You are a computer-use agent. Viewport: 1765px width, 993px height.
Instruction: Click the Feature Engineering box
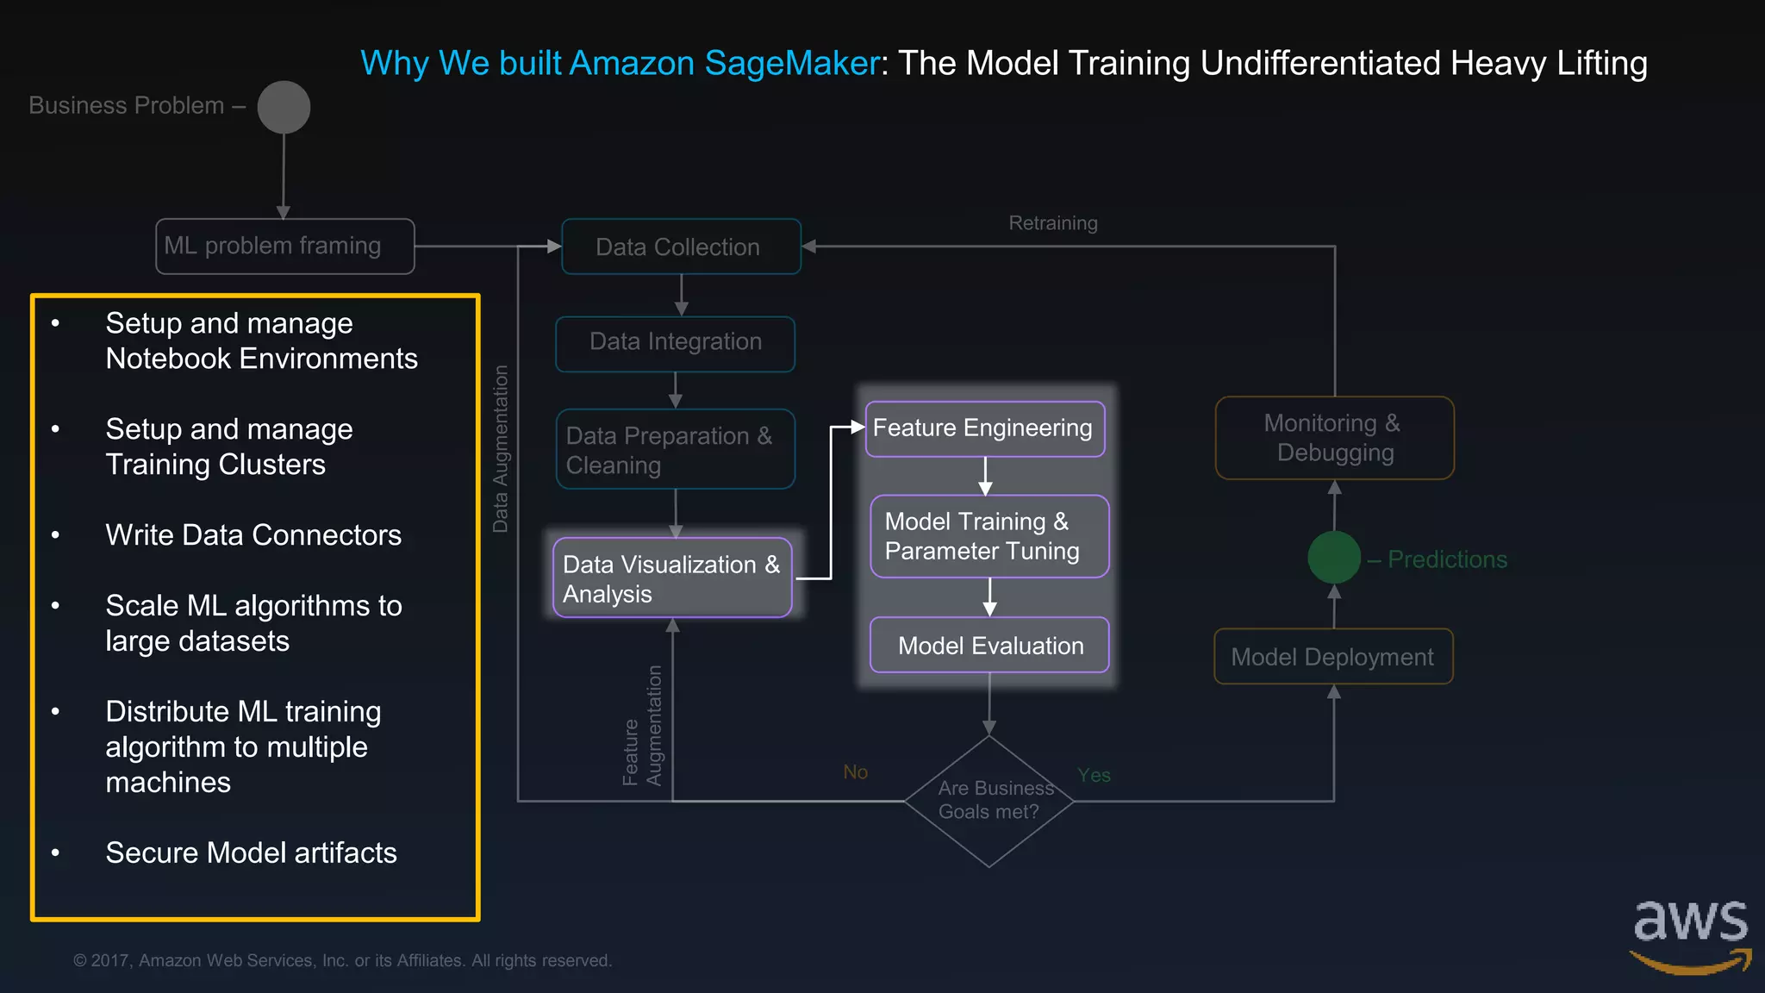tap(984, 428)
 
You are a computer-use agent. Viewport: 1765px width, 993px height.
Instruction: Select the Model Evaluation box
tap(989, 645)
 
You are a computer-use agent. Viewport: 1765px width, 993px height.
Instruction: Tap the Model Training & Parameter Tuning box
tap(989, 536)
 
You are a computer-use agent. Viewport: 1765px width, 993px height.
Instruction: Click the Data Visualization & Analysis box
tap(671, 578)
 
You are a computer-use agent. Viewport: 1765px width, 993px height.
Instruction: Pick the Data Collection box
tap(681, 247)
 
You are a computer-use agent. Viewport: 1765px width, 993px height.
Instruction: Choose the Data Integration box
tap(675, 343)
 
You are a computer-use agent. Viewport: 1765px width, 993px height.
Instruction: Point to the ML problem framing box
tap(284, 247)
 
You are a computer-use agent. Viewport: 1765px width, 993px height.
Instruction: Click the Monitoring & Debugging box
tap(1334, 438)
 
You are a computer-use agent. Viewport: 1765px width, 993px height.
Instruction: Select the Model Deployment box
tap(1332, 657)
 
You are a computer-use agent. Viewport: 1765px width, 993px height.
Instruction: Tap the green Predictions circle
tap(1333, 558)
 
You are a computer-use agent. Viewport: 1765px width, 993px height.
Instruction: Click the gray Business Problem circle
tap(284, 108)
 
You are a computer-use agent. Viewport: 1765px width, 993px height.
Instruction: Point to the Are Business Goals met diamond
tap(989, 801)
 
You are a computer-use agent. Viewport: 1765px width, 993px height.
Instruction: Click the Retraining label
tap(1052, 223)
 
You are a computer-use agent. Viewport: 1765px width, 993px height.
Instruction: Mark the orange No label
tap(855, 771)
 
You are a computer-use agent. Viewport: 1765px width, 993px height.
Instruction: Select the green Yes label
tap(1094, 775)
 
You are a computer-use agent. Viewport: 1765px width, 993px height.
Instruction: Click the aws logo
tap(1690, 935)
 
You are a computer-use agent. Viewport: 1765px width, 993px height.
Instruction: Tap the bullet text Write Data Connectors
tap(253, 535)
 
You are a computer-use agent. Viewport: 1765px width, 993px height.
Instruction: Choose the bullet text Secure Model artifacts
tap(251, 852)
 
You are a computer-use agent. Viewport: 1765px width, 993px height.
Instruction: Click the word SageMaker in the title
tap(791, 63)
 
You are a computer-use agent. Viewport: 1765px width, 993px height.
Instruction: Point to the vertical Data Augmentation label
tap(500, 448)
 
